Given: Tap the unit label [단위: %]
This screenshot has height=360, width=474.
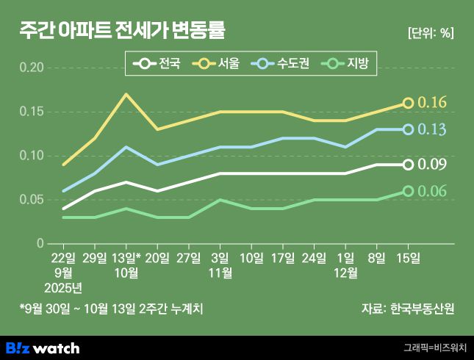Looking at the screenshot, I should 430,32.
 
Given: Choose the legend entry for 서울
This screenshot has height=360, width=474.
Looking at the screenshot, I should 218,65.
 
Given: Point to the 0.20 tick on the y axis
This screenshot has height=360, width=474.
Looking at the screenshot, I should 32,68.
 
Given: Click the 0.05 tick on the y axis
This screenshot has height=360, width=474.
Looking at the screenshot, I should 32,200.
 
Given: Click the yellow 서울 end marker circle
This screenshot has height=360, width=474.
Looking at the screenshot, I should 409,103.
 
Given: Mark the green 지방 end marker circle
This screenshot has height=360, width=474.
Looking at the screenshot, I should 409,191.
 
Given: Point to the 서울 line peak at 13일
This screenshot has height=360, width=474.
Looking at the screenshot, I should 126,94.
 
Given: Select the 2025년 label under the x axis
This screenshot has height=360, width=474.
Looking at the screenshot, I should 63,287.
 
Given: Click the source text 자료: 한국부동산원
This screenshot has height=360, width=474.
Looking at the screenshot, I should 408,309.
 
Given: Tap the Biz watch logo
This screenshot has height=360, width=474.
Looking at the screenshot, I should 43,348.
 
